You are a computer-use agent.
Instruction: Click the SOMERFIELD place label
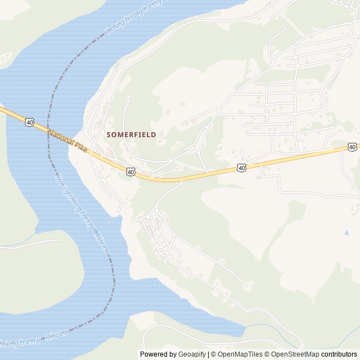[131, 135]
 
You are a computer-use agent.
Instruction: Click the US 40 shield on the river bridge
[29, 122]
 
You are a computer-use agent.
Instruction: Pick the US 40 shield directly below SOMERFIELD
[130, 171]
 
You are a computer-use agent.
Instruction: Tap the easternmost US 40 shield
[352, 147]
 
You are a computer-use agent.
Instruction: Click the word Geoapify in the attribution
[192, 354]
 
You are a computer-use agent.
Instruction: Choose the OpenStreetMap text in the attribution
[294, 354]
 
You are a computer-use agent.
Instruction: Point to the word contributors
[339, 354]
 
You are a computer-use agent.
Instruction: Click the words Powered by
[158, 354]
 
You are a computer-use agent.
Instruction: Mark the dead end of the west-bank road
[59, 240]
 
